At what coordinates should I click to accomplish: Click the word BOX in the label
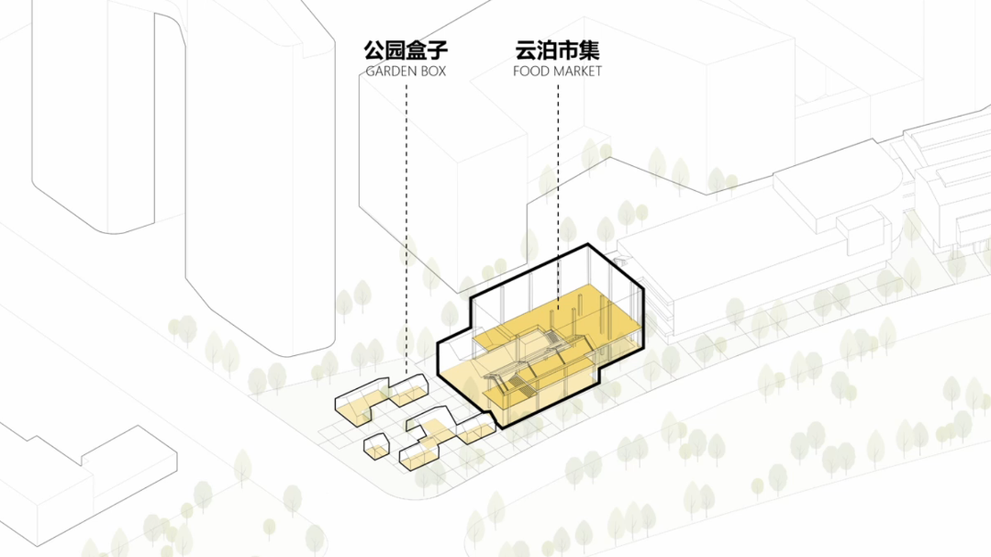coord(432,71)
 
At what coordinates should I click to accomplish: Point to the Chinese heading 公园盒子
coord(406,50)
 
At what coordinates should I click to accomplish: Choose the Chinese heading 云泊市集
coord(558,50)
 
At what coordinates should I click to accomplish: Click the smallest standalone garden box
coord(377,448)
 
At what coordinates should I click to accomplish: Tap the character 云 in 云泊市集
coord(526,50)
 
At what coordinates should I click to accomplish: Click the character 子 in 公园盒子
coord(438,50)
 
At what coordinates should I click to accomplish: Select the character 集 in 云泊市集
coord(590,50)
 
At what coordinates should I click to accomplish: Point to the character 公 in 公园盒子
coord(373,50)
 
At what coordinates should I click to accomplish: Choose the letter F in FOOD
coord(518,71)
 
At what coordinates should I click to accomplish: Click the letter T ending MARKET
coord(598,71)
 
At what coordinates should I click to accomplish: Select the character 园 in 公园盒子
coord(395,50)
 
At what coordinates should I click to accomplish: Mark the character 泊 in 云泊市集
coord(547,50)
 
